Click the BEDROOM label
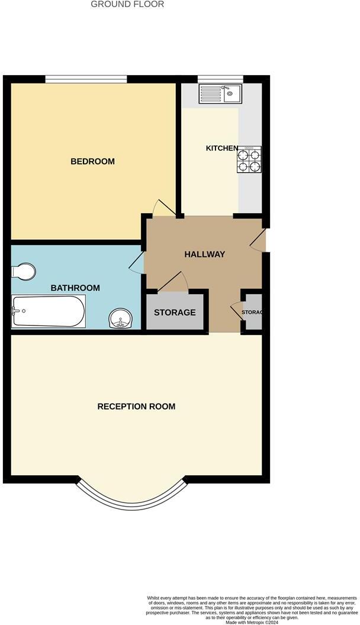(92, 162)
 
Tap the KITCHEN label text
(221, 148)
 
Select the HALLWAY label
(204, 254)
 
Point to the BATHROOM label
(75, 288)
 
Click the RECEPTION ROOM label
(136, 407)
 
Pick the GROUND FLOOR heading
(127, 4)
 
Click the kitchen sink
(219, 94)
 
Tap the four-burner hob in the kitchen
(249, 160)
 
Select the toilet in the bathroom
(23, 271)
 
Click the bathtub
(49, 311)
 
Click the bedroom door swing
(163, 208)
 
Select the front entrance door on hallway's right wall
(259, 240)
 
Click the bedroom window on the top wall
(86, 79)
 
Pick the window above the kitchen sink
(220, 79)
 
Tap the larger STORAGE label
(175, 312)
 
